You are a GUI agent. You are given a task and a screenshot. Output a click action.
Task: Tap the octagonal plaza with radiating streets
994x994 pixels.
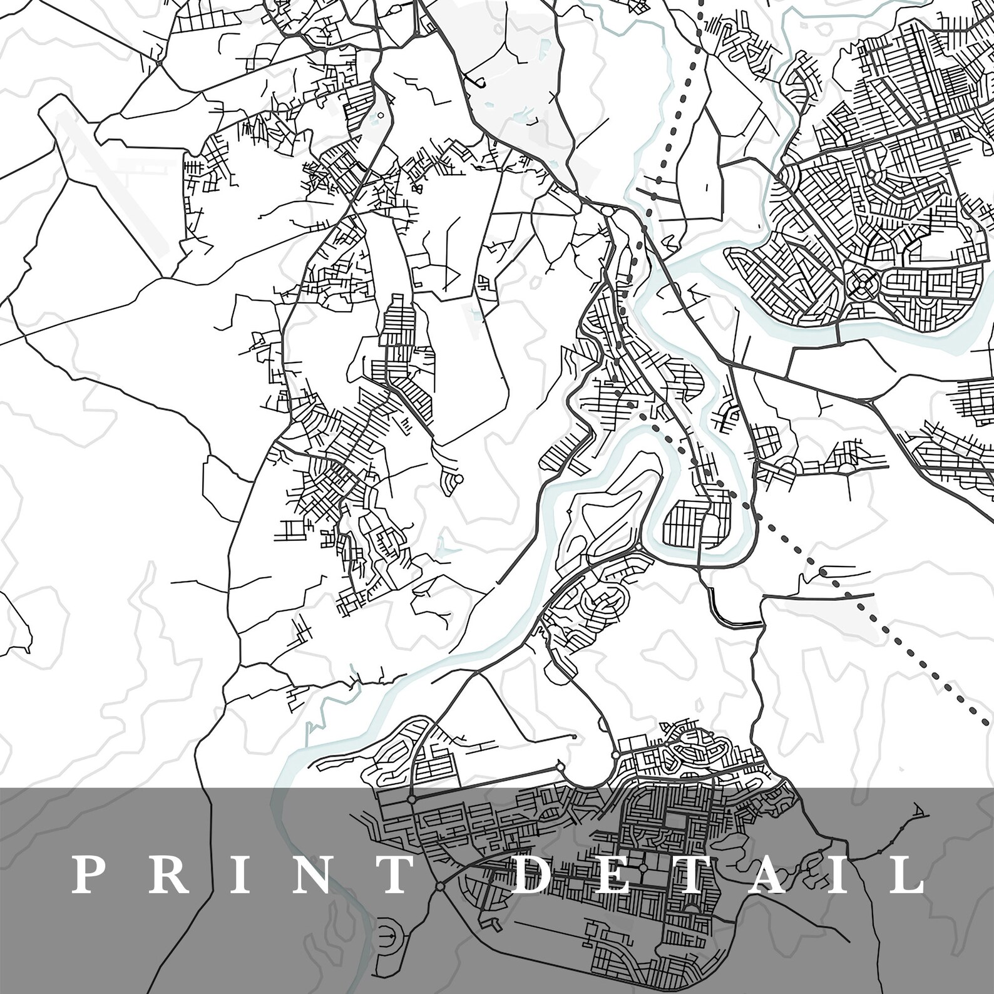862,285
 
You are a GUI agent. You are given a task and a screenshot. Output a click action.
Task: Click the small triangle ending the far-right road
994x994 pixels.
917,812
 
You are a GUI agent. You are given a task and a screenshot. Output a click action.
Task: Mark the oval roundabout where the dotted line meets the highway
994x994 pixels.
608,212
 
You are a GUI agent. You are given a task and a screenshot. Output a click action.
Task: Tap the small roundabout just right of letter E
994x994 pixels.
642,868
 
